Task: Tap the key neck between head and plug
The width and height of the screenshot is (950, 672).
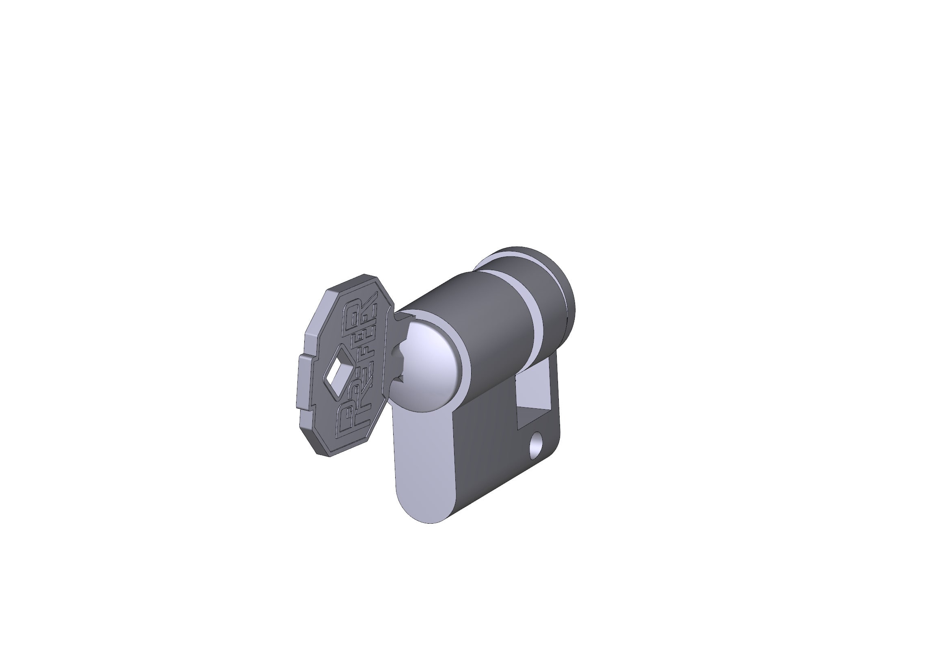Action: pos(396,327)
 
